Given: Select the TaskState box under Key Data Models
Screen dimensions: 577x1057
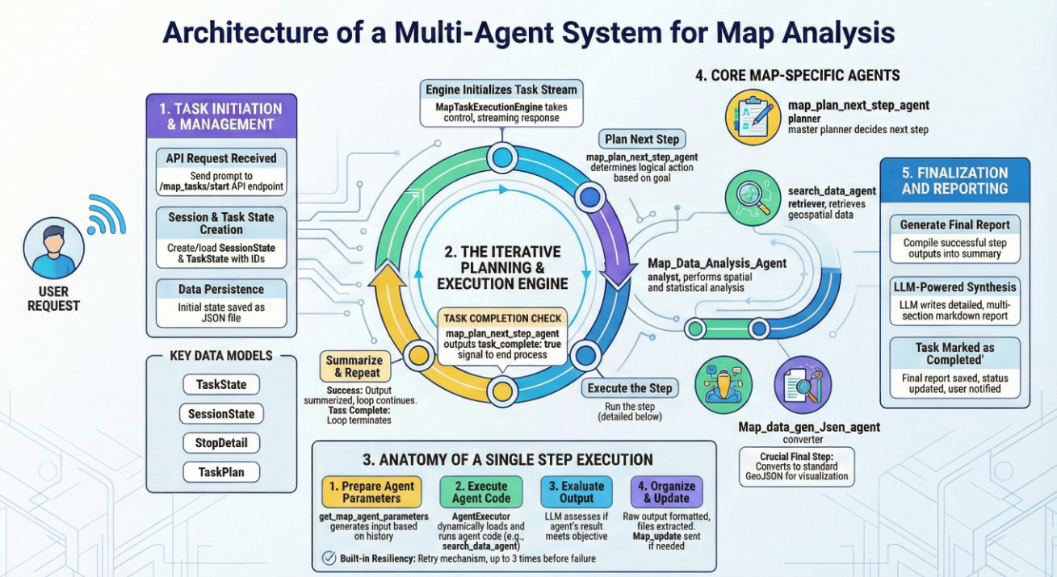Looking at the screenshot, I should [x=221, y=385].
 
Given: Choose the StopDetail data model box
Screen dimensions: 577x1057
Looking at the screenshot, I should [x=221, y=443].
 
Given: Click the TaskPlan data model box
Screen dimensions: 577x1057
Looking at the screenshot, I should [x=221, y=472].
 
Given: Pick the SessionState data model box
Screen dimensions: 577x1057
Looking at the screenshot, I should [x=221, y=414].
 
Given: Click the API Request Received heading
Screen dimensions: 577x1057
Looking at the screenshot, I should [x=221, y=158].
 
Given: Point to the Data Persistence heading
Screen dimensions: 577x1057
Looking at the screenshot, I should [x=221, y=289].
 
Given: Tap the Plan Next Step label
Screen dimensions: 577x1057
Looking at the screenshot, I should [x=642, y=139].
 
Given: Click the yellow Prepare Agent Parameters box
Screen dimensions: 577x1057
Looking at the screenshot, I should [x=367, y=492].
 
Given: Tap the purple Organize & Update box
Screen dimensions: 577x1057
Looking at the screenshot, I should [x=666, y=492].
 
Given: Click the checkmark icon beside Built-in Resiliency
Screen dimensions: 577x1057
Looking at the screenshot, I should [x=329, y=558].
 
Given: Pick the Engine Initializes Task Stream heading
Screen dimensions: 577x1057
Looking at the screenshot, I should [x=501, y=90].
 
